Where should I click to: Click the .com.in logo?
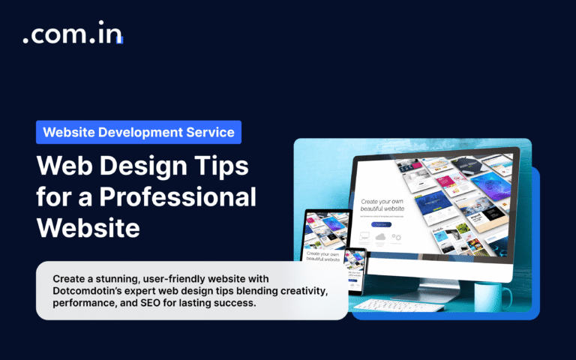pyautogui.click(x=72, y=37)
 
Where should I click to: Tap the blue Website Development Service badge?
pyautogui.click(x=139, y=132)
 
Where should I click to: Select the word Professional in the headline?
pyautogui.click(x=173, y=197)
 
